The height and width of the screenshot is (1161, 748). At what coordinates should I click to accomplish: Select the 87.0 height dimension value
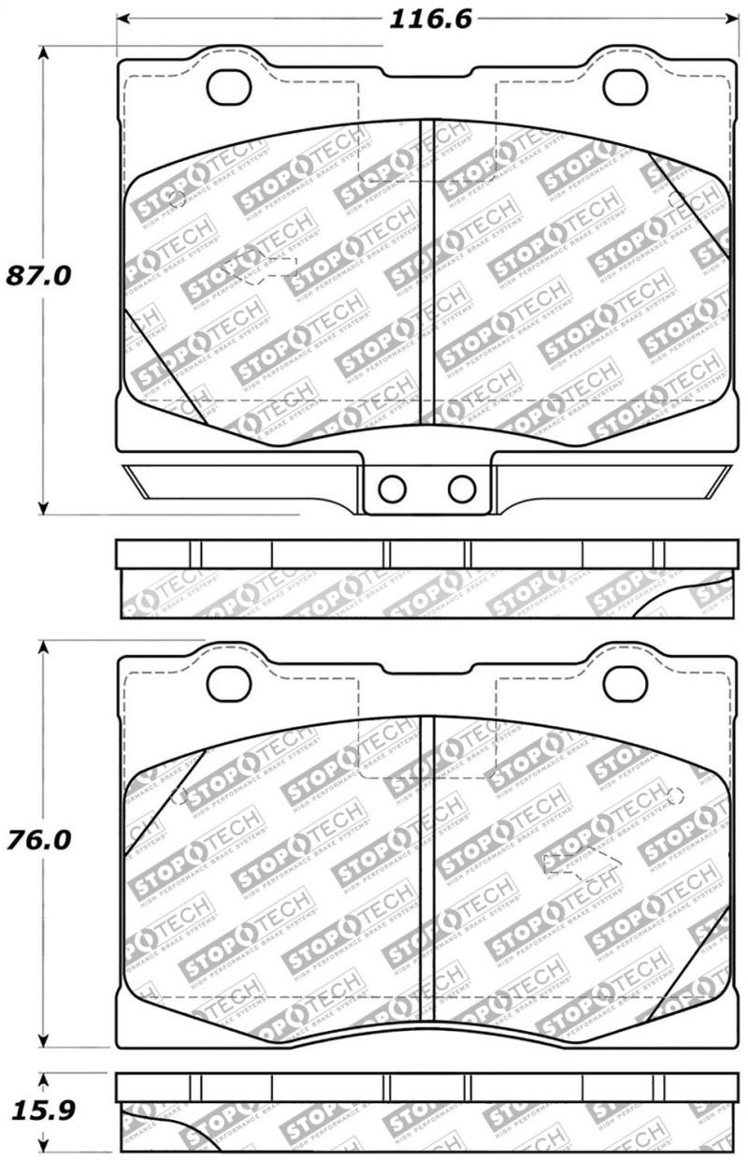point(39,276)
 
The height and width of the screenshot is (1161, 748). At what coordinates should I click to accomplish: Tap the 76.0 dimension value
point(39,839)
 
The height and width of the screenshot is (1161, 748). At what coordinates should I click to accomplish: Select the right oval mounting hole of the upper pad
point(625,86)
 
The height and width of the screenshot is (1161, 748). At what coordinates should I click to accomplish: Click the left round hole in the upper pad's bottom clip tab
point(392,487)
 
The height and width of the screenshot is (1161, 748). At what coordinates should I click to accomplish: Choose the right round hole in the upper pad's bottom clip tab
point(461,487)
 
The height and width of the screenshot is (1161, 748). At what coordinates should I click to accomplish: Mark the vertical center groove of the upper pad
point(428,271)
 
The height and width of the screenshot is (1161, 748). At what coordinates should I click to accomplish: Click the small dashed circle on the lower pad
point(676,796)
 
